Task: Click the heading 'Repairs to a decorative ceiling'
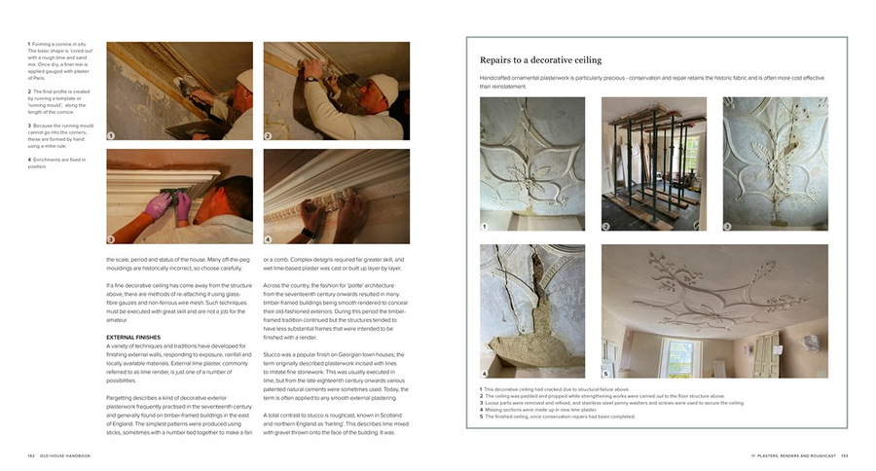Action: [540, 60]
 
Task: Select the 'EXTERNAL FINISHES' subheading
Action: [133, 337]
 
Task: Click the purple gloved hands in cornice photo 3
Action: [168, 203]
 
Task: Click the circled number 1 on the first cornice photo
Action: [111, 135]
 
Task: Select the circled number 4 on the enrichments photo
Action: [269, 238]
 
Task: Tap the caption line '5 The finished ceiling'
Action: [554, 417]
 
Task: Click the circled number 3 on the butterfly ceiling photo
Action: [728, 227]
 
